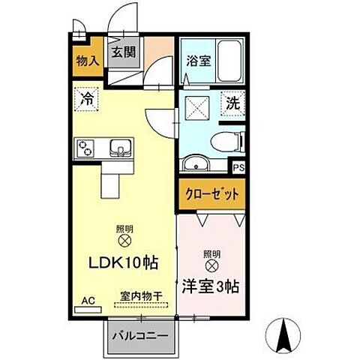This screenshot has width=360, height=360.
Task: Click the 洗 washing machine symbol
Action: click(234, 104)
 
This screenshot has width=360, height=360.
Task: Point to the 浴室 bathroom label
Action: click(198, 62)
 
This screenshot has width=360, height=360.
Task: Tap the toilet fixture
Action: click(228, 140)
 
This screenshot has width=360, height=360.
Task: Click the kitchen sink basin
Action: click(120, 146)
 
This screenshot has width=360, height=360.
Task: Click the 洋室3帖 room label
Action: click(209, 286)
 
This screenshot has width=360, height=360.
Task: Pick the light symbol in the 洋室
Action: click(212, 265)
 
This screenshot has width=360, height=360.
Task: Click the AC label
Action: click(88, 300)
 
